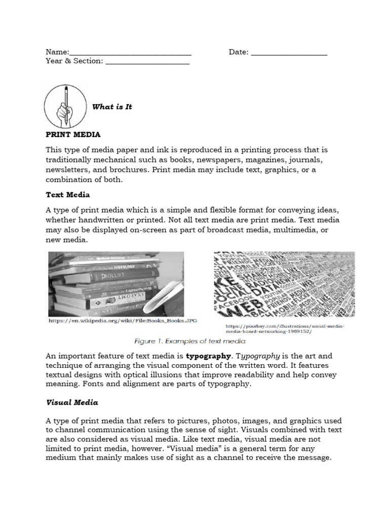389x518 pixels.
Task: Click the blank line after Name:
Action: coord(130,53)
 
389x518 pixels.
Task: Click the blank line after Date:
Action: coord(289,53)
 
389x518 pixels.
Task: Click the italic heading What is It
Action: coord(112,107)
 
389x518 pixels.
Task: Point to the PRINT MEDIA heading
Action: coord(73,135)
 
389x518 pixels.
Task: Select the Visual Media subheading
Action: coord(72,403)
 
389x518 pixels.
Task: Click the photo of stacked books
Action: coord(116,282)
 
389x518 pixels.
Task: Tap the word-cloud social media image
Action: coord(284,283)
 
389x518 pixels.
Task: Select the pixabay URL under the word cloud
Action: coord(285,329)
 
